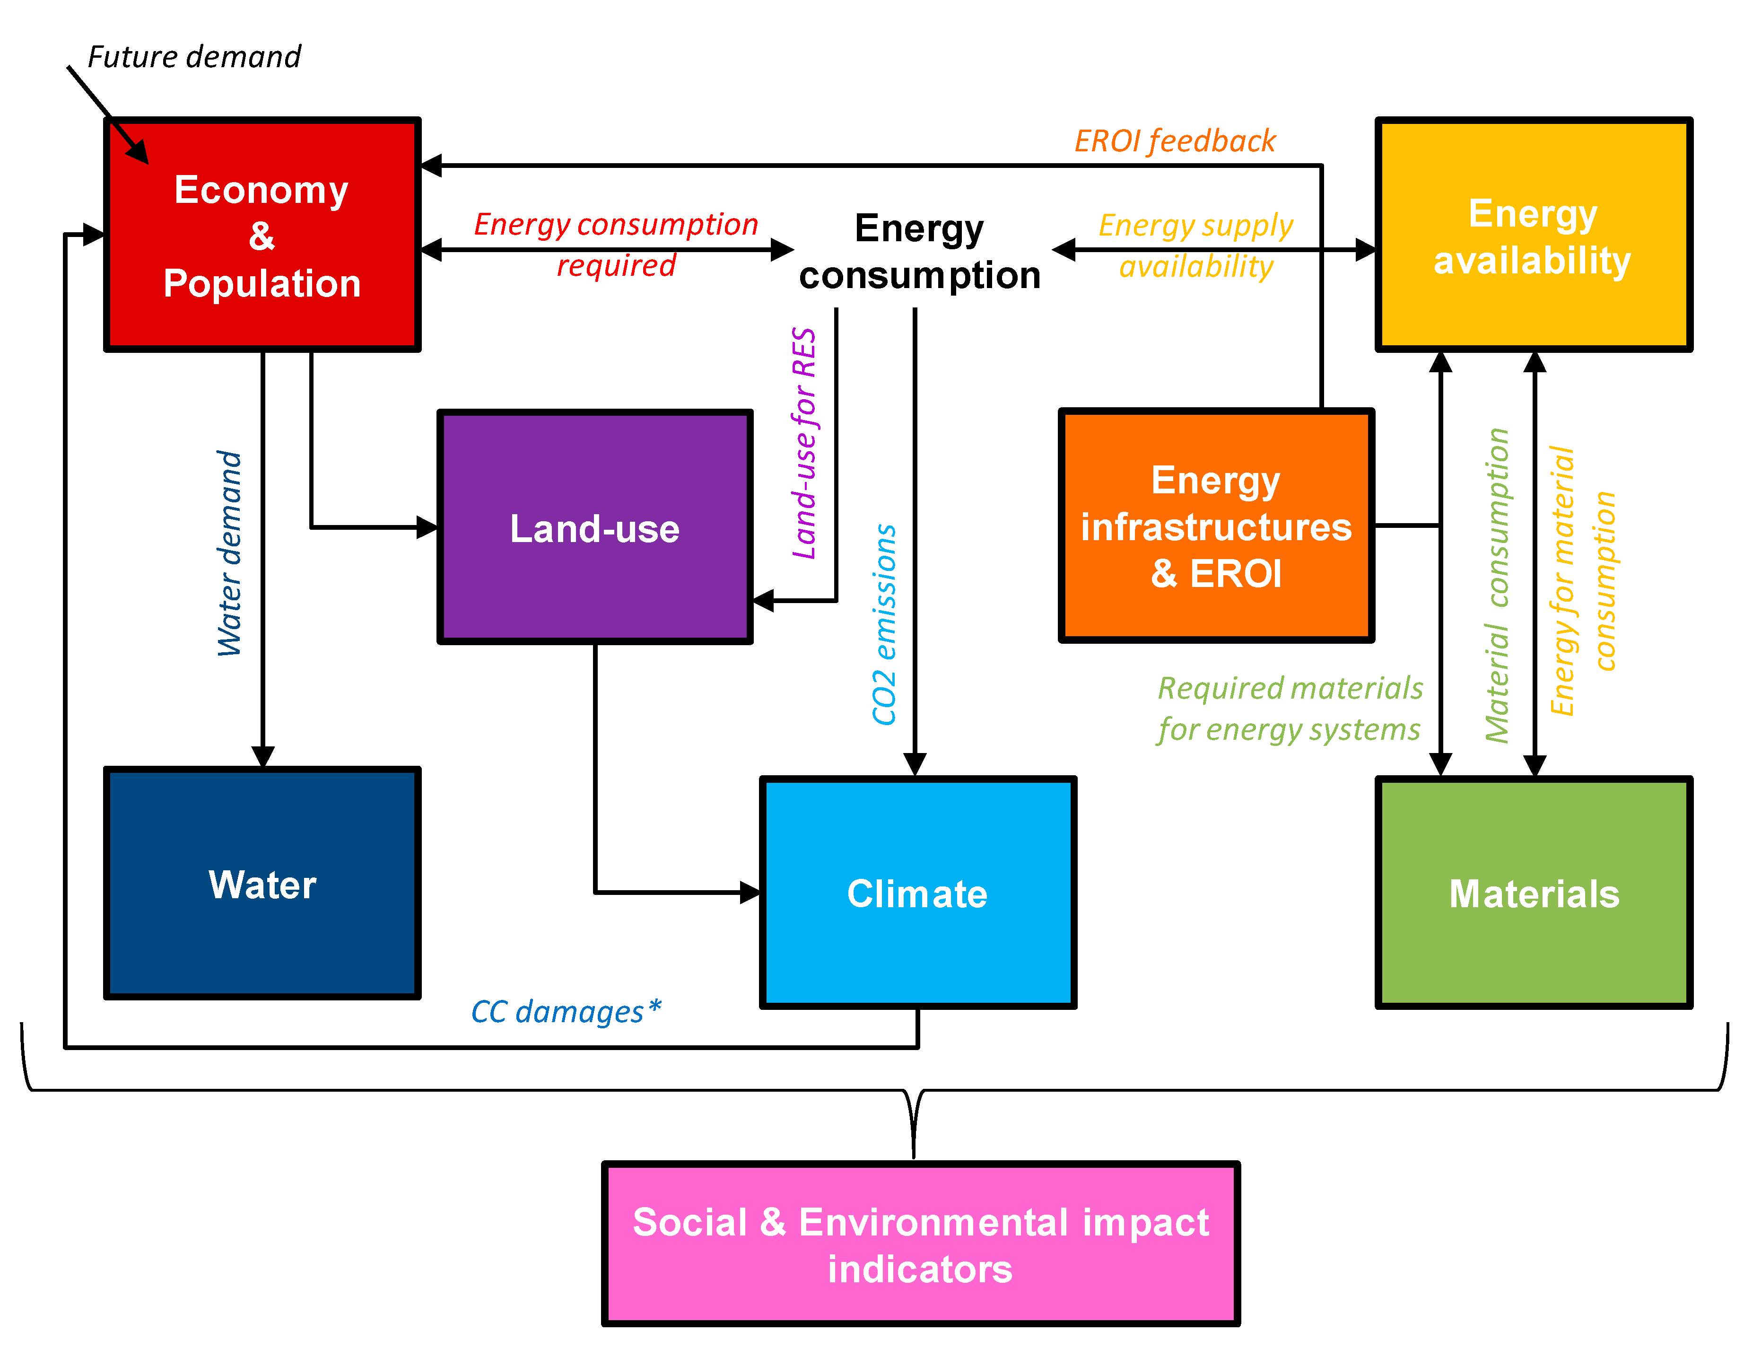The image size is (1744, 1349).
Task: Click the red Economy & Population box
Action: (262, 235)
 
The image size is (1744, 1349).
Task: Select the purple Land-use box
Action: (595, 527)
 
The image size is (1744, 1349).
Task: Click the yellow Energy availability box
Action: (1533, 235)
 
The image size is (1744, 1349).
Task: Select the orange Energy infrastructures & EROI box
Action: (1215, 526)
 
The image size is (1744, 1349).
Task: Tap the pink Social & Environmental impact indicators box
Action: (920, 1244)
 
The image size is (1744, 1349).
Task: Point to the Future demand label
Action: (194, 57)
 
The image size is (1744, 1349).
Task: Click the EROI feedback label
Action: (1175, 141)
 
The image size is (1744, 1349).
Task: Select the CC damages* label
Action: (566, 1011)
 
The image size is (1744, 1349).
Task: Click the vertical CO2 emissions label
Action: (884, 624)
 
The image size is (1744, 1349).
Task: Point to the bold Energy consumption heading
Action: (919, 252)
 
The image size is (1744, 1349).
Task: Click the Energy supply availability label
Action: (1195, 245)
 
